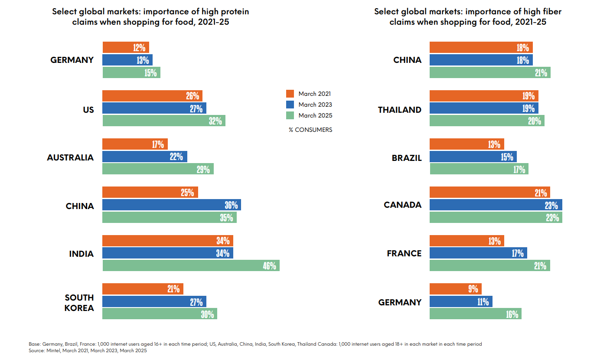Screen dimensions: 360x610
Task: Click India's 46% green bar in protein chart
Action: (191, 265)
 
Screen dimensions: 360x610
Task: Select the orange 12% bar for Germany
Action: (126, 47)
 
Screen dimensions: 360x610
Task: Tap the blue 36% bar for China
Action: (171, 205)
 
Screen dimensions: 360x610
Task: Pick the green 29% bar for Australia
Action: (158, 169)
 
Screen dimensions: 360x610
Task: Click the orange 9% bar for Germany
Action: (455, 289)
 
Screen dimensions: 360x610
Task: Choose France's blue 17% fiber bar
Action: (478, 253)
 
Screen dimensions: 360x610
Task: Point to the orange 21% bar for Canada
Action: (489, 193)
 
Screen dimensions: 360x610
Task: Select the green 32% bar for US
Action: (163, 121)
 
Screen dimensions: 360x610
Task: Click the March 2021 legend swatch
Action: (290, 94)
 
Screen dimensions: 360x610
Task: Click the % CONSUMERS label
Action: (310, 130)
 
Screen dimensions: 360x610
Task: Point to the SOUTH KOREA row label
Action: (79, 302)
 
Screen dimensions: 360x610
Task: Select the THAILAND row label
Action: (399, 110)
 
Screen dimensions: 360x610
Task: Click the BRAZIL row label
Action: (406, 158)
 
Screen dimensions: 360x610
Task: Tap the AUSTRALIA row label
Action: (70, 157)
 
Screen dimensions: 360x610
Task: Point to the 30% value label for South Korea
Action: (207, 314)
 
